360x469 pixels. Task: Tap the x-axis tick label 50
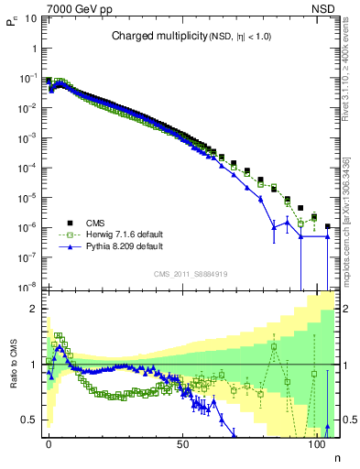pos(183,445)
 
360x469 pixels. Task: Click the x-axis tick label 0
pos(49,445)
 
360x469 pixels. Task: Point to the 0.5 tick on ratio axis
pos(31,420)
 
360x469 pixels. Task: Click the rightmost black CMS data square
pos(328,226)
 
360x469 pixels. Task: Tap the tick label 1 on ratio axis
pos(35,365)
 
